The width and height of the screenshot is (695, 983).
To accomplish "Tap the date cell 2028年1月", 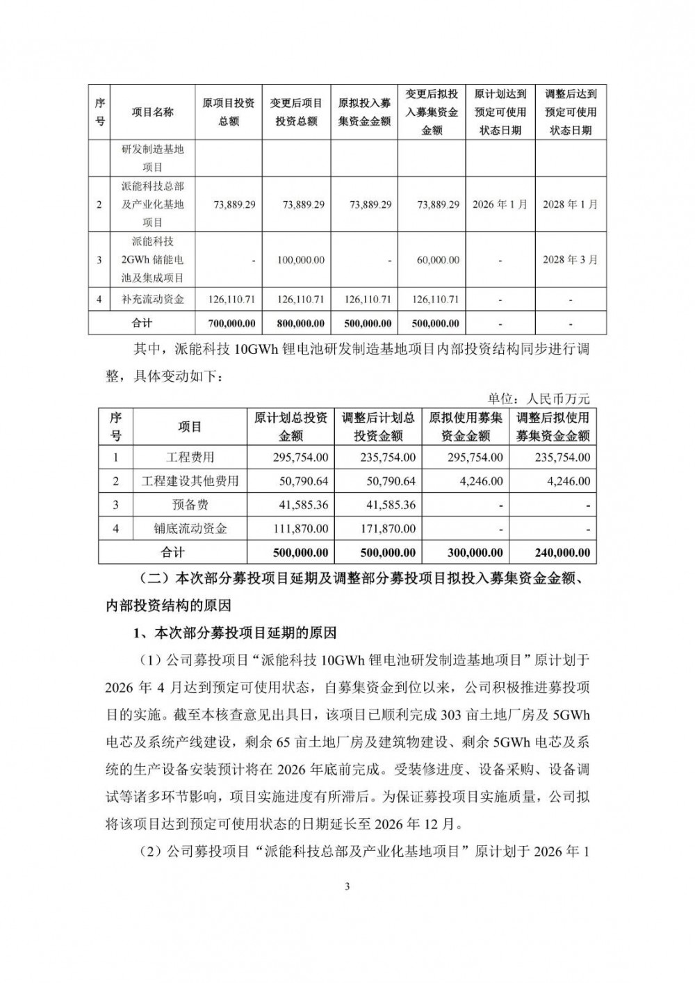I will point(570,204).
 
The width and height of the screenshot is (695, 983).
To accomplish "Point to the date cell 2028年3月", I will point(570,260).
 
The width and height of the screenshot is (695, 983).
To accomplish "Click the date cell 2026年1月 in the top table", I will point(500,204).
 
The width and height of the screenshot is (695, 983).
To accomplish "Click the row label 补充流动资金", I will point(153,300).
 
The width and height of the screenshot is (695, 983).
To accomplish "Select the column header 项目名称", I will point(153,112).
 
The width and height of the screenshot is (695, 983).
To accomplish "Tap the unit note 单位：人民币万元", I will point(539,398).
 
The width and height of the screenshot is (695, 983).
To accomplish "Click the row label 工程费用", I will point(190,457).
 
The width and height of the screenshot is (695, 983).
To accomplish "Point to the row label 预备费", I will point(190,505).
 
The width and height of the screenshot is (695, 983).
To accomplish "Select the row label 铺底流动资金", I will point(190,529).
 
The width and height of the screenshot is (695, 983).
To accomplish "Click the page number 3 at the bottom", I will point(347,886).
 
